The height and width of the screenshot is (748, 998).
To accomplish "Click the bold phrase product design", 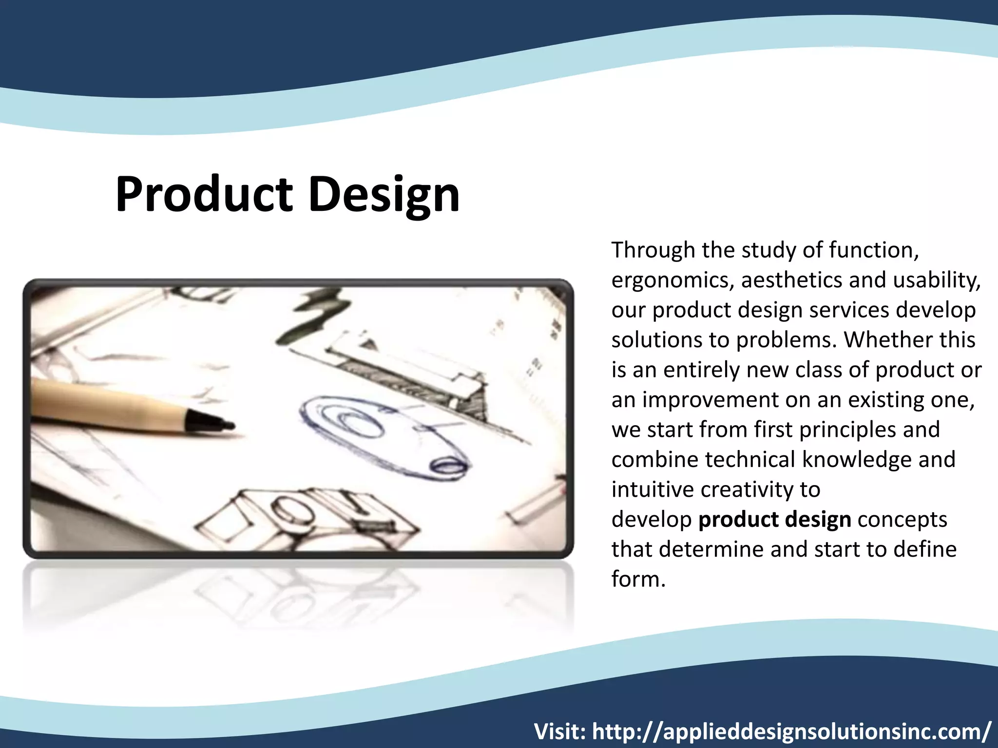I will click(775, 520).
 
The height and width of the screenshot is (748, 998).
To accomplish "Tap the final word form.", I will click(637, 580).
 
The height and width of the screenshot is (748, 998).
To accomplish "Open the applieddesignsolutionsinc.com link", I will click(791, 731).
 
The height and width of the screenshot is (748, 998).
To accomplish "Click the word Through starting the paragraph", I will click(653, 250).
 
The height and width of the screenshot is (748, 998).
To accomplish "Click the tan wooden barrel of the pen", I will click(107, 404).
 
